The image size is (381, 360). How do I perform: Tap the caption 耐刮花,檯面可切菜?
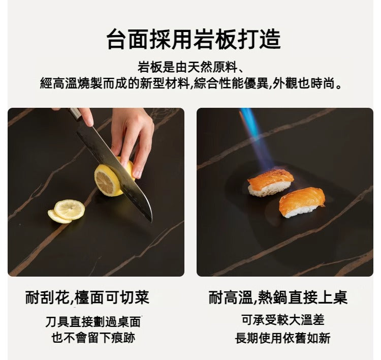(x=87, y=297)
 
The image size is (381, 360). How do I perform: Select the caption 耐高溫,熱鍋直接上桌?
(x=278, y=297)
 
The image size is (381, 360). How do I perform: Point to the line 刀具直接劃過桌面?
(x=93, y=321)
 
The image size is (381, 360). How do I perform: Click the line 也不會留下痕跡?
(x=93, y=338)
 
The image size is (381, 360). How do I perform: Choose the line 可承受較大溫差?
(x=283, y=320)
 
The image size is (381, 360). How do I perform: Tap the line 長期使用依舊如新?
(x=283, y=338)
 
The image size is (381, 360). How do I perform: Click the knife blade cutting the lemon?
(x=122, y=168)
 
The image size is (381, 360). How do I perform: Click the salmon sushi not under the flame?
(x=302, y=202)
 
